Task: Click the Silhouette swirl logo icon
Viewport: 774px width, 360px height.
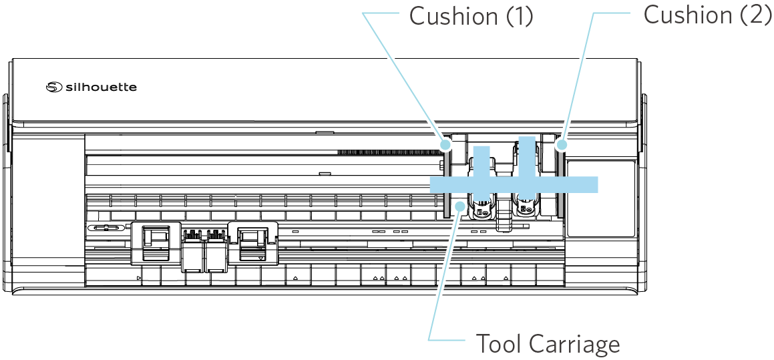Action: [53, 87]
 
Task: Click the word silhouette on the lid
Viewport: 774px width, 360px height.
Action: [101, 87]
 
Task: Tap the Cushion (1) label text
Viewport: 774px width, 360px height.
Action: [471, 16]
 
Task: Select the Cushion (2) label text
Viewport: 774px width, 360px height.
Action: [707, 15]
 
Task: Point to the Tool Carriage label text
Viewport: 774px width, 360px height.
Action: [548, 344]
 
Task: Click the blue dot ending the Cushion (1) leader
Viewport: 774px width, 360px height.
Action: [446, 143]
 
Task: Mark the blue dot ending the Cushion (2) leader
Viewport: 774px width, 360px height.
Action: [562, 144]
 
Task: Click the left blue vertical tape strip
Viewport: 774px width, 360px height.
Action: [482, 161]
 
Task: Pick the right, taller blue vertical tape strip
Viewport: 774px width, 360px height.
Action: [527, 157]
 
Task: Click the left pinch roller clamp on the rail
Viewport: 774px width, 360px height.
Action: [155, 240]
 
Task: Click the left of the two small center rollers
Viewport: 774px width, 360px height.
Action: [192, 250]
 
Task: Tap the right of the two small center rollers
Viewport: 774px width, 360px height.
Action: [215, 250]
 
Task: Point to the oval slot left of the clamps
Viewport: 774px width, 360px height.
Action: [107, 228]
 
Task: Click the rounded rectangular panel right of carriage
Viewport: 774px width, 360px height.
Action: [599, 198]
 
